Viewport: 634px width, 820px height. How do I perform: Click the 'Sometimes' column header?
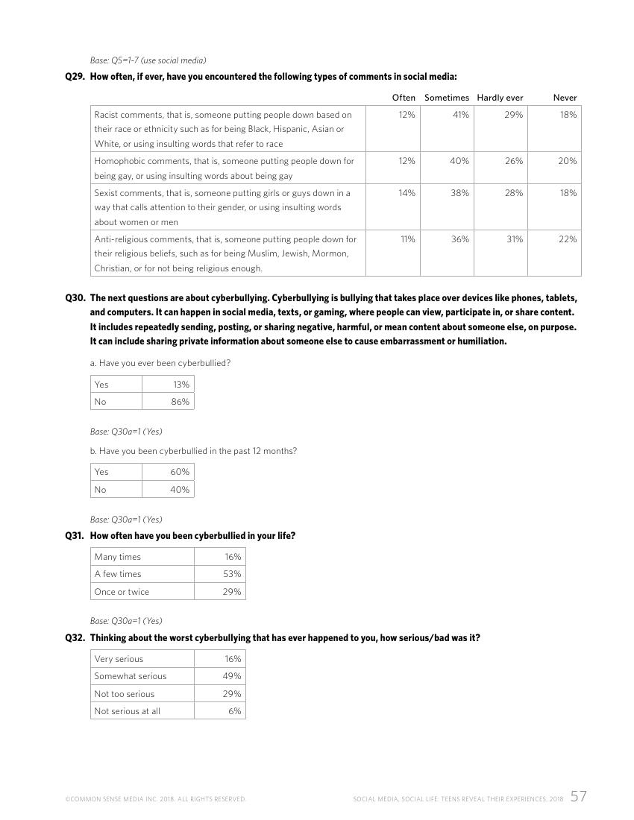point(446,98)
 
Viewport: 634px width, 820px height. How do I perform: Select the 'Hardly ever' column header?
point(500,98)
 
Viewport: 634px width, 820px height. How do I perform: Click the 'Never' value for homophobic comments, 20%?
point(568,161)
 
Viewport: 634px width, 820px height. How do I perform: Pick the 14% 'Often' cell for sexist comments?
point(407,192)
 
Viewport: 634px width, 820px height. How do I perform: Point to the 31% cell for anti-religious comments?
point(515,239)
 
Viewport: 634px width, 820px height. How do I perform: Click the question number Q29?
point(75,76)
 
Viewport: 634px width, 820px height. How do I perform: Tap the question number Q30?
point(75,298)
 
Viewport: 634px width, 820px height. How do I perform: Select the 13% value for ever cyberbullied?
point(181,385)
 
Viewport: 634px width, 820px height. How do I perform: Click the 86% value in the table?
point(181,402)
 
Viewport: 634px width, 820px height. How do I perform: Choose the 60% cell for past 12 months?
point(180,472)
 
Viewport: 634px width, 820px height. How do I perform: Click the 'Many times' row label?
point(117,557)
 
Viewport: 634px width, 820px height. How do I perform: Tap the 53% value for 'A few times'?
point(232,574)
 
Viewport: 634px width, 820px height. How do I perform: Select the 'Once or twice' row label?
point(122,592)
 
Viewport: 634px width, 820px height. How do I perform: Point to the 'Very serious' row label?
point(119,659)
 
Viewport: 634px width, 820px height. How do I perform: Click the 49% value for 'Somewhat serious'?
point(232,676)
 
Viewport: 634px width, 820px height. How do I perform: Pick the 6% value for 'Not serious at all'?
point(235,711)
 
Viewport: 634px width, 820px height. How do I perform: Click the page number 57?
point(578,796)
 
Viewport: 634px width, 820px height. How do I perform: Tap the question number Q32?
point(75,638)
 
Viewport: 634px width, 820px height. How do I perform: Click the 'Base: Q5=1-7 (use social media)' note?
point(148,60)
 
